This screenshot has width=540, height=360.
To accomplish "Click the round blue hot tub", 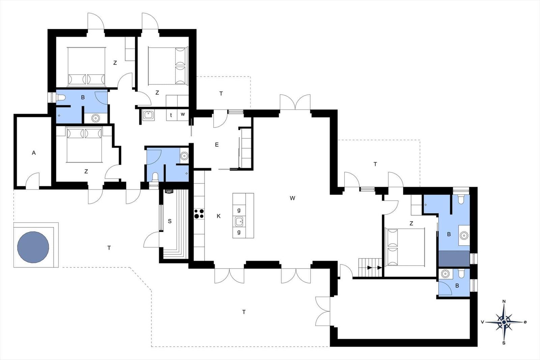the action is (33, 247).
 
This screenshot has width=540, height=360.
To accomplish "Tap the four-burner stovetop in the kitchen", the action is (199, 214).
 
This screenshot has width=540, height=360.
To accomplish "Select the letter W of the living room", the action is (292, 198).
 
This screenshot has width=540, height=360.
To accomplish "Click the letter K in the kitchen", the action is (219, 216).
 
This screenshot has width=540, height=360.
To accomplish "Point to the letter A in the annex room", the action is (34, 153).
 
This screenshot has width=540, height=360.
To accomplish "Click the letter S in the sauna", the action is (170, 221).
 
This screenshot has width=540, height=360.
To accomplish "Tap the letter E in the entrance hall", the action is (217, 145).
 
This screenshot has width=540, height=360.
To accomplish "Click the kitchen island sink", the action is (239, 221).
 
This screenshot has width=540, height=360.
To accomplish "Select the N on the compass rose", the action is (504, 301).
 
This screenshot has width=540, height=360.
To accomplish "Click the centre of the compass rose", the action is (504, 322).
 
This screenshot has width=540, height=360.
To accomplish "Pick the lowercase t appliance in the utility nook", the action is (171, 115).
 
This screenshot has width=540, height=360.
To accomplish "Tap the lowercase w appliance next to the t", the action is (183, 114).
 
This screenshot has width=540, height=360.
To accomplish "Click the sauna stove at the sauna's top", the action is (169, 191).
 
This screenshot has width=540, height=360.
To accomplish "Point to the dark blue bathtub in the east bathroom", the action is (454, 258).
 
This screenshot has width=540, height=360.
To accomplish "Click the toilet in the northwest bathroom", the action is (61, 98).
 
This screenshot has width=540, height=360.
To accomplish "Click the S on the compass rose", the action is (504, 343).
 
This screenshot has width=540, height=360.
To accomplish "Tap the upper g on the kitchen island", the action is (239, 210).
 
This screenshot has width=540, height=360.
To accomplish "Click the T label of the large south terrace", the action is (244, 312).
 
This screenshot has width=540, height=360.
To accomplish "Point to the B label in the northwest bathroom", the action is (83, 98).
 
